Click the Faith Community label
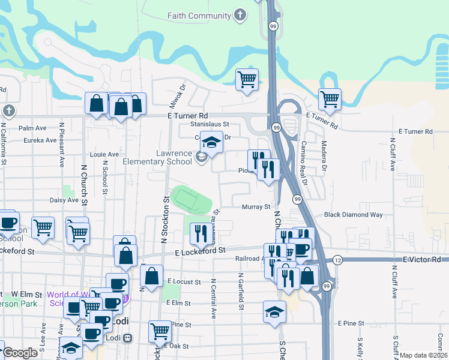200,16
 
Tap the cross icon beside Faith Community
240,16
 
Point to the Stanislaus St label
210,124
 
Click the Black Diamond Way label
353,214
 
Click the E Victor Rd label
421,259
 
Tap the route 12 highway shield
337,259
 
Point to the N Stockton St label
164,219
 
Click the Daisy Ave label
65,200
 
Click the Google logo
20,353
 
